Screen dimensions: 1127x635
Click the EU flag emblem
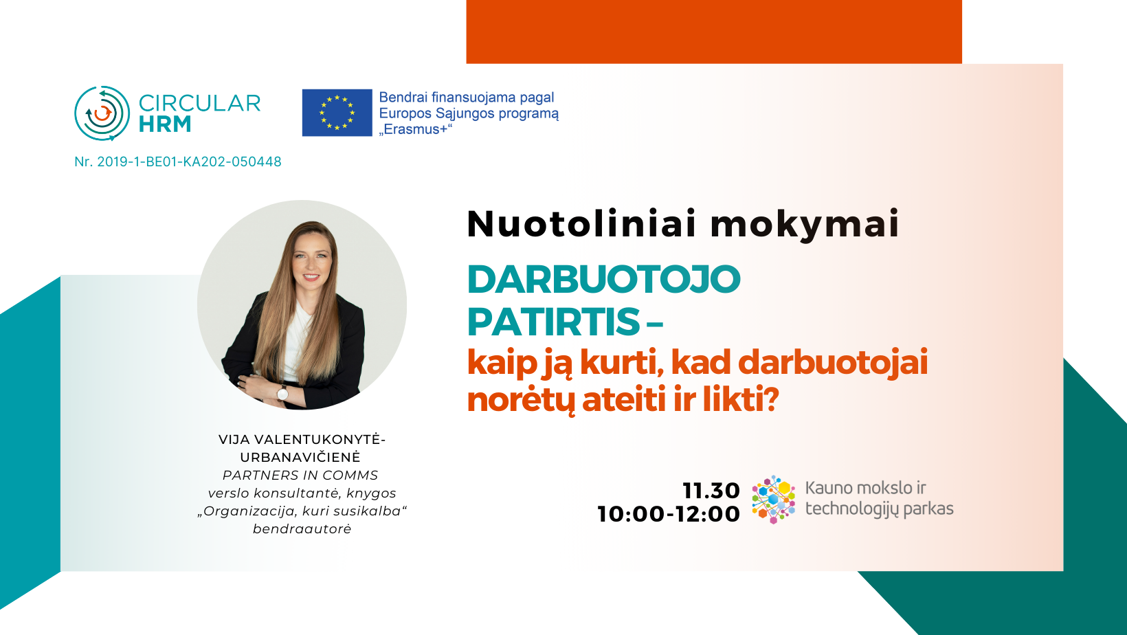(x=337, y=113)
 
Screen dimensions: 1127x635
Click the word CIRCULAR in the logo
(x=199, y=102)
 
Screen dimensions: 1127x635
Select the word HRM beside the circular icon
(x=165, y=124)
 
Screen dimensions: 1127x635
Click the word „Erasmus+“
(x=416, y=129)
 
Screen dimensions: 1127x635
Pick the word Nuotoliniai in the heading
(x=581, y=223)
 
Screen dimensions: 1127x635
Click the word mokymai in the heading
(x=805, y=225)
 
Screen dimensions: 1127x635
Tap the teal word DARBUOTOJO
(x=604, y=279)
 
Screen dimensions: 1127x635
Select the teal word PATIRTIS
(x=553, y=322)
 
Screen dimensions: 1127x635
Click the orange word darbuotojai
(x=833, y=362)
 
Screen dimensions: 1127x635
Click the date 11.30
(x=711, y=491)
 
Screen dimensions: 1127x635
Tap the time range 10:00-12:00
(x=669, y=514)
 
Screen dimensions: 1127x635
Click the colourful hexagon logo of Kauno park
(x=774, y=500)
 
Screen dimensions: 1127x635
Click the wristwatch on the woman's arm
(x=282, y=392)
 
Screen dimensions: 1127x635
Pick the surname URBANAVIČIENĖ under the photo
(x=300, y=457)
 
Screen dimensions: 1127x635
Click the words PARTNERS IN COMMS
(x=300, y=475)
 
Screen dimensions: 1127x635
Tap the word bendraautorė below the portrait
(x=302, y=529)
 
